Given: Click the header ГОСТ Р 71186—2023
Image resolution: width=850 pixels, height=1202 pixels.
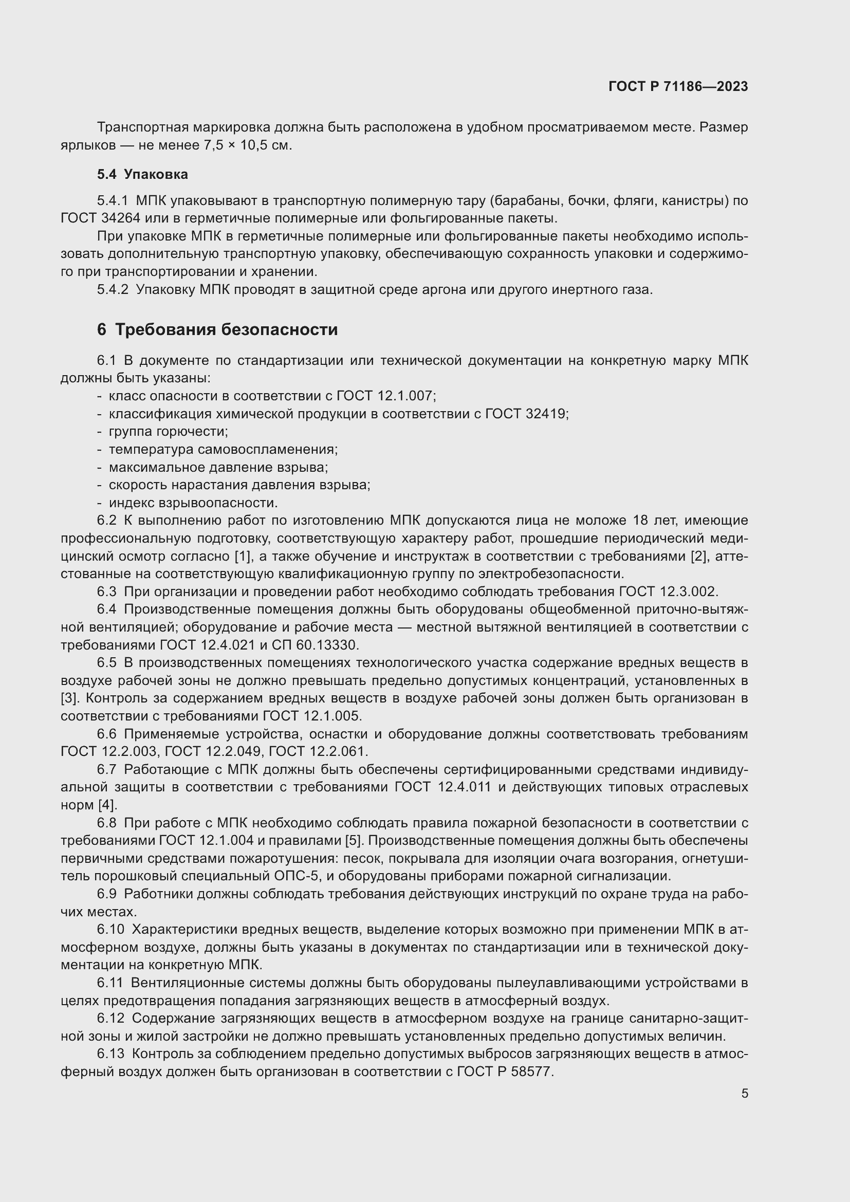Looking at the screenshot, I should pyautogui.click(x=678, y=87).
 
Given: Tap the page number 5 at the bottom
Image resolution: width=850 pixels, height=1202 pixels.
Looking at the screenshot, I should pyautogui.click(x=744, y=1094).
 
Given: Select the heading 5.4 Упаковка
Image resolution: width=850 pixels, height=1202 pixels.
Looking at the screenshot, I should pyautogui.click(x=142, y=174).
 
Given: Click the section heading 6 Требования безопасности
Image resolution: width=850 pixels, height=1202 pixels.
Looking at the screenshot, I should pyautogui.click(x=217, y=330).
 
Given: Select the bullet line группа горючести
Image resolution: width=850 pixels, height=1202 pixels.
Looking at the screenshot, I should pyautogui.click(x=168, y=432).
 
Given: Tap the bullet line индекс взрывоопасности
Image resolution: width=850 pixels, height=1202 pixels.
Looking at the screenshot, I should pyautogui.click(x=193, y=503).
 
